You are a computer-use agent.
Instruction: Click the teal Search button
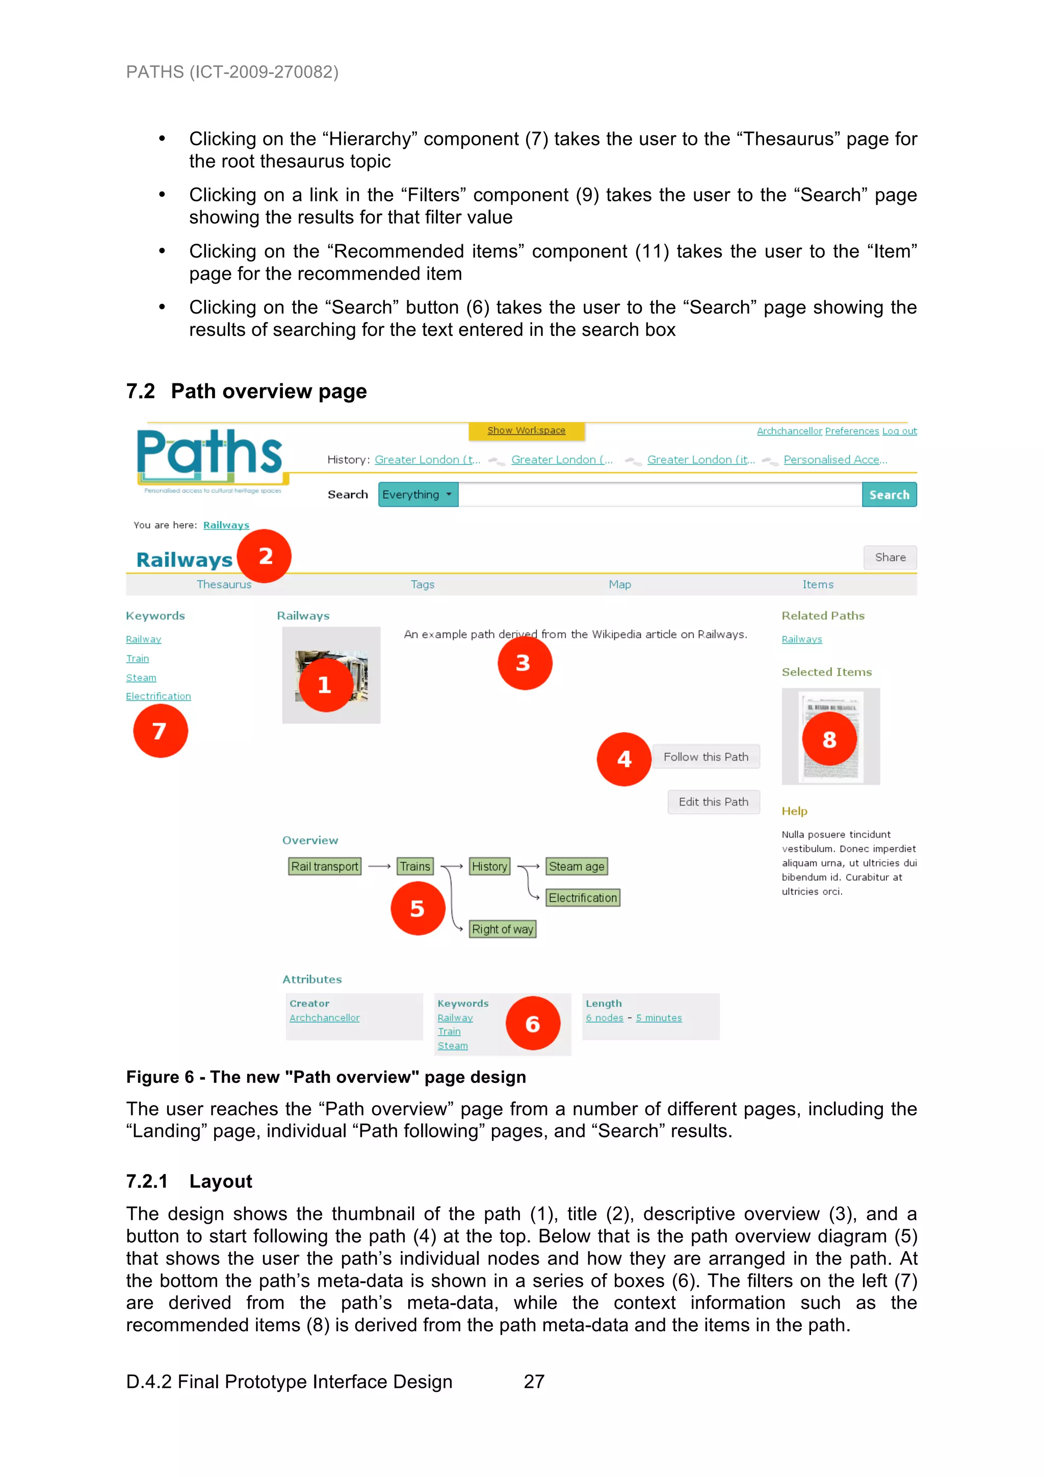[x=889, y=495]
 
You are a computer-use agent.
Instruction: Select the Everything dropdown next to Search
[x=417, y=495]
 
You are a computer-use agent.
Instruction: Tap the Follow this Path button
[x=706, y=757]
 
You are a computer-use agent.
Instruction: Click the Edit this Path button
[x=713, y=802]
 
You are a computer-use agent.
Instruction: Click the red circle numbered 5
[x=417, y=909]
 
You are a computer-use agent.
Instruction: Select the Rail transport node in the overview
[x=324, y=867]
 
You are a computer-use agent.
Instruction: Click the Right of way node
[x=503, y=929]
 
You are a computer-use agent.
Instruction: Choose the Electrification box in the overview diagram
[x=582, y=898]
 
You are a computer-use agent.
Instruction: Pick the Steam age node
[x=577, y=867]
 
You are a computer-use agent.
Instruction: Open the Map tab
[x=619, y=584]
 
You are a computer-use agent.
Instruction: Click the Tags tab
[x=422, y=584]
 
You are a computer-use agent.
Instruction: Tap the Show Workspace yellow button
[x=526, y=430]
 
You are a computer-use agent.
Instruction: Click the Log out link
[x=899, y=431]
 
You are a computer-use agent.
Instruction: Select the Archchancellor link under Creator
[x=324, y=1018]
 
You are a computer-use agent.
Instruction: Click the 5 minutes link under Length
[x=659, y=1018]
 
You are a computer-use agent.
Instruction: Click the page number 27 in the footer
[x=534, y=1382]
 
